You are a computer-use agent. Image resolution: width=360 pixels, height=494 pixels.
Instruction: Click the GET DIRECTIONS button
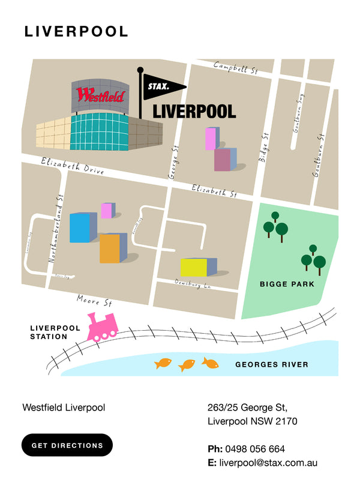pyautogui.click(x=67, y=445)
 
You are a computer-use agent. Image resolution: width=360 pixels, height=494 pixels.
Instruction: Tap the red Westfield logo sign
pyautogui.click(x=100, y=95)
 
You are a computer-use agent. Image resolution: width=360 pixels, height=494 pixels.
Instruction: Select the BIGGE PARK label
pyautogui.click(x=286, y=284)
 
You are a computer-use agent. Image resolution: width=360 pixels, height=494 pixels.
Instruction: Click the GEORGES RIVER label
pyautogui.click(x=271, y=364)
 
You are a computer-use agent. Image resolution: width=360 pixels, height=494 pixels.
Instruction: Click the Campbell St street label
pyautogui.click(x=235, y=68)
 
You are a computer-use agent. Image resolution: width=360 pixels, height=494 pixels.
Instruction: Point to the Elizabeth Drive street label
pyautogui.click(x=72, y=166)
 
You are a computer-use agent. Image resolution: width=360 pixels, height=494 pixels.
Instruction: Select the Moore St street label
pyautogui.click(x=94, y=300)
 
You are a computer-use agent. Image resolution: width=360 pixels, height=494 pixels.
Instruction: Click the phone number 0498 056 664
pyautogui.click(x=255, y=449)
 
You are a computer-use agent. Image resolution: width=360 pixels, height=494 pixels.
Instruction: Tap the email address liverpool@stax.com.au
pyautogui.click(x=268, y=463)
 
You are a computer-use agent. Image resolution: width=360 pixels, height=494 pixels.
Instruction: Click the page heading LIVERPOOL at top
pyautogui.click(x=76, y=32)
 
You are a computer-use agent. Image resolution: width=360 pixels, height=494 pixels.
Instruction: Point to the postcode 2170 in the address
pyautogui.click(x=285, y=421)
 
